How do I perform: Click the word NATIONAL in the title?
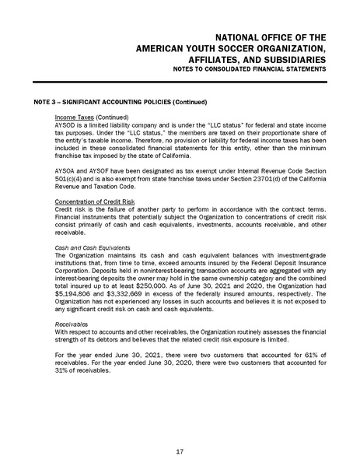[x=241, y=36]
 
